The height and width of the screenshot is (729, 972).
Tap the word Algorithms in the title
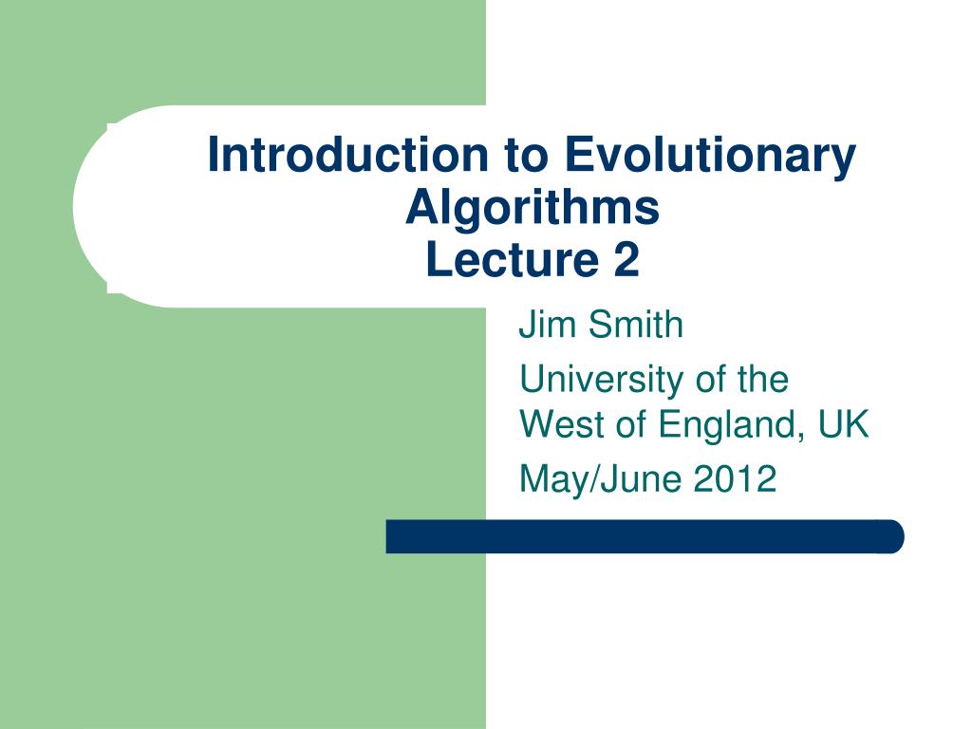532,208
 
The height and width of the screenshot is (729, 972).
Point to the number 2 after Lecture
626,260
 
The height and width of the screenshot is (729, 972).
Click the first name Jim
540,325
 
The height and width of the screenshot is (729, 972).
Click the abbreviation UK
844,424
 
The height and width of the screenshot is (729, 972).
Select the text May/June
601,479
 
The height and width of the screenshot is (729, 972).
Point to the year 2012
735,479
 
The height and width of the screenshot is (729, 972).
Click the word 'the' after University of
762,380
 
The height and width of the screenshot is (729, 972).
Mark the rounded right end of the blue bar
892,536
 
